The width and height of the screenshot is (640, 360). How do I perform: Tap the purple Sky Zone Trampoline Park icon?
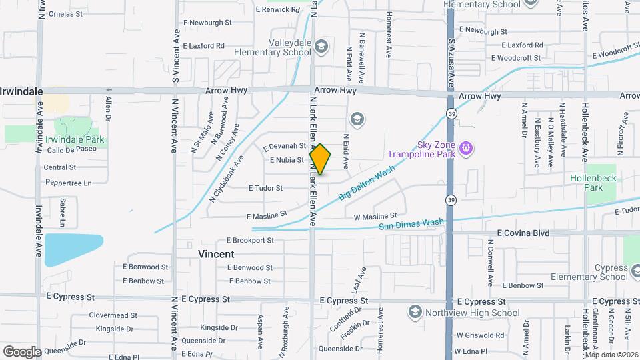click(465, 147)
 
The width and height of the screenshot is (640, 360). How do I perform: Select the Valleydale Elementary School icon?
click(322, 46)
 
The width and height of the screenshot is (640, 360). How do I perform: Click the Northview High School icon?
click(415, 312)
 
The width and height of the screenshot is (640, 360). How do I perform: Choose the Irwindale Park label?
click(75, 140)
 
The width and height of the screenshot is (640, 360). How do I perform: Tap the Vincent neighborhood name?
click(216, 254)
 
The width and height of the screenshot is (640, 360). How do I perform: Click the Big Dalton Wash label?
click(367, 183)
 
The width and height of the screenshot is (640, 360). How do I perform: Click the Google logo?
click(22, 351)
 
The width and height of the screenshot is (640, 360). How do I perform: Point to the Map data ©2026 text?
click(611, 354)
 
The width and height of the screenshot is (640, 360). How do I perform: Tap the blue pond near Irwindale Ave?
click(74, 249)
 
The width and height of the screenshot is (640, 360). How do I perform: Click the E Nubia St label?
click(287, 160)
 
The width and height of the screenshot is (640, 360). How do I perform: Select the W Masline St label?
click(375, 217)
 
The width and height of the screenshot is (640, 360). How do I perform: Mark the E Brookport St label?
click(251, 240)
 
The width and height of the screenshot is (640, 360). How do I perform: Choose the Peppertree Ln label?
click(67, 182)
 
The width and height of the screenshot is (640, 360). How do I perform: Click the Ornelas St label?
click(65, 13)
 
